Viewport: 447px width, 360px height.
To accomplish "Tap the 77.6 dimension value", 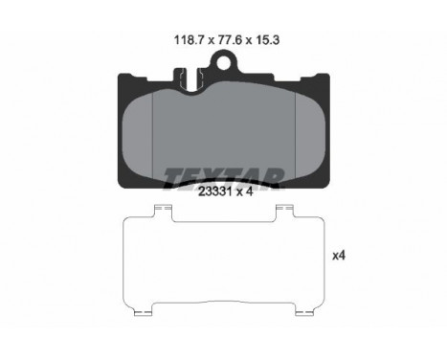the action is (x=230, y=40).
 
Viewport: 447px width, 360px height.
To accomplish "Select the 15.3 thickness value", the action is (x=268, y=40).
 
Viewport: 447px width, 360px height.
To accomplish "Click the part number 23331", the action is (x=213, y=191).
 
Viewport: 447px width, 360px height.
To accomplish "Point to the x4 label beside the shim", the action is (x=339, y=256).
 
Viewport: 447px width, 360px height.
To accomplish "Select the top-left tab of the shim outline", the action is (x=163, y=212).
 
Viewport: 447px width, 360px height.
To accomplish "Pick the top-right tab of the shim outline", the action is (x=284, y=212).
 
